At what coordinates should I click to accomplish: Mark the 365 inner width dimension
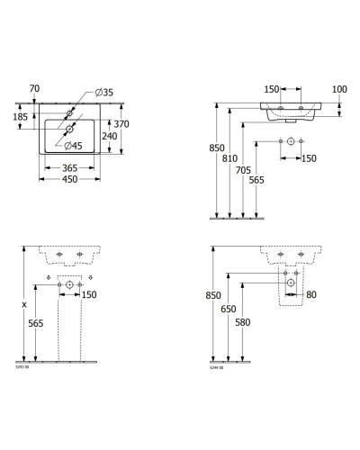[76, 166]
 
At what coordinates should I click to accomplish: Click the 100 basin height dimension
[339, 89]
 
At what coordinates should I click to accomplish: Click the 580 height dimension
[240, 323]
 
